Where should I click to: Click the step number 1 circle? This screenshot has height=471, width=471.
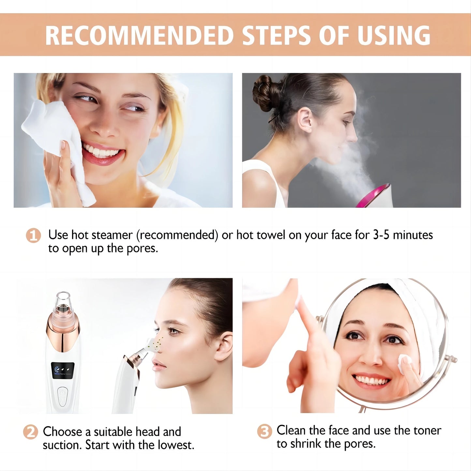click(33, 235)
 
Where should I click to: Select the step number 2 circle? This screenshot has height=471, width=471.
click(30, 432)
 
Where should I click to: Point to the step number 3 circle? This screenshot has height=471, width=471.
click(264, 432)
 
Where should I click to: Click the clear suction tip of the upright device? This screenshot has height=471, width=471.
click(63, 301)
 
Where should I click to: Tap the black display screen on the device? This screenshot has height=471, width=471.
click(63, 370)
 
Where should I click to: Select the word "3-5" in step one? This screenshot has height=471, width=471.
click(381, 235)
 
